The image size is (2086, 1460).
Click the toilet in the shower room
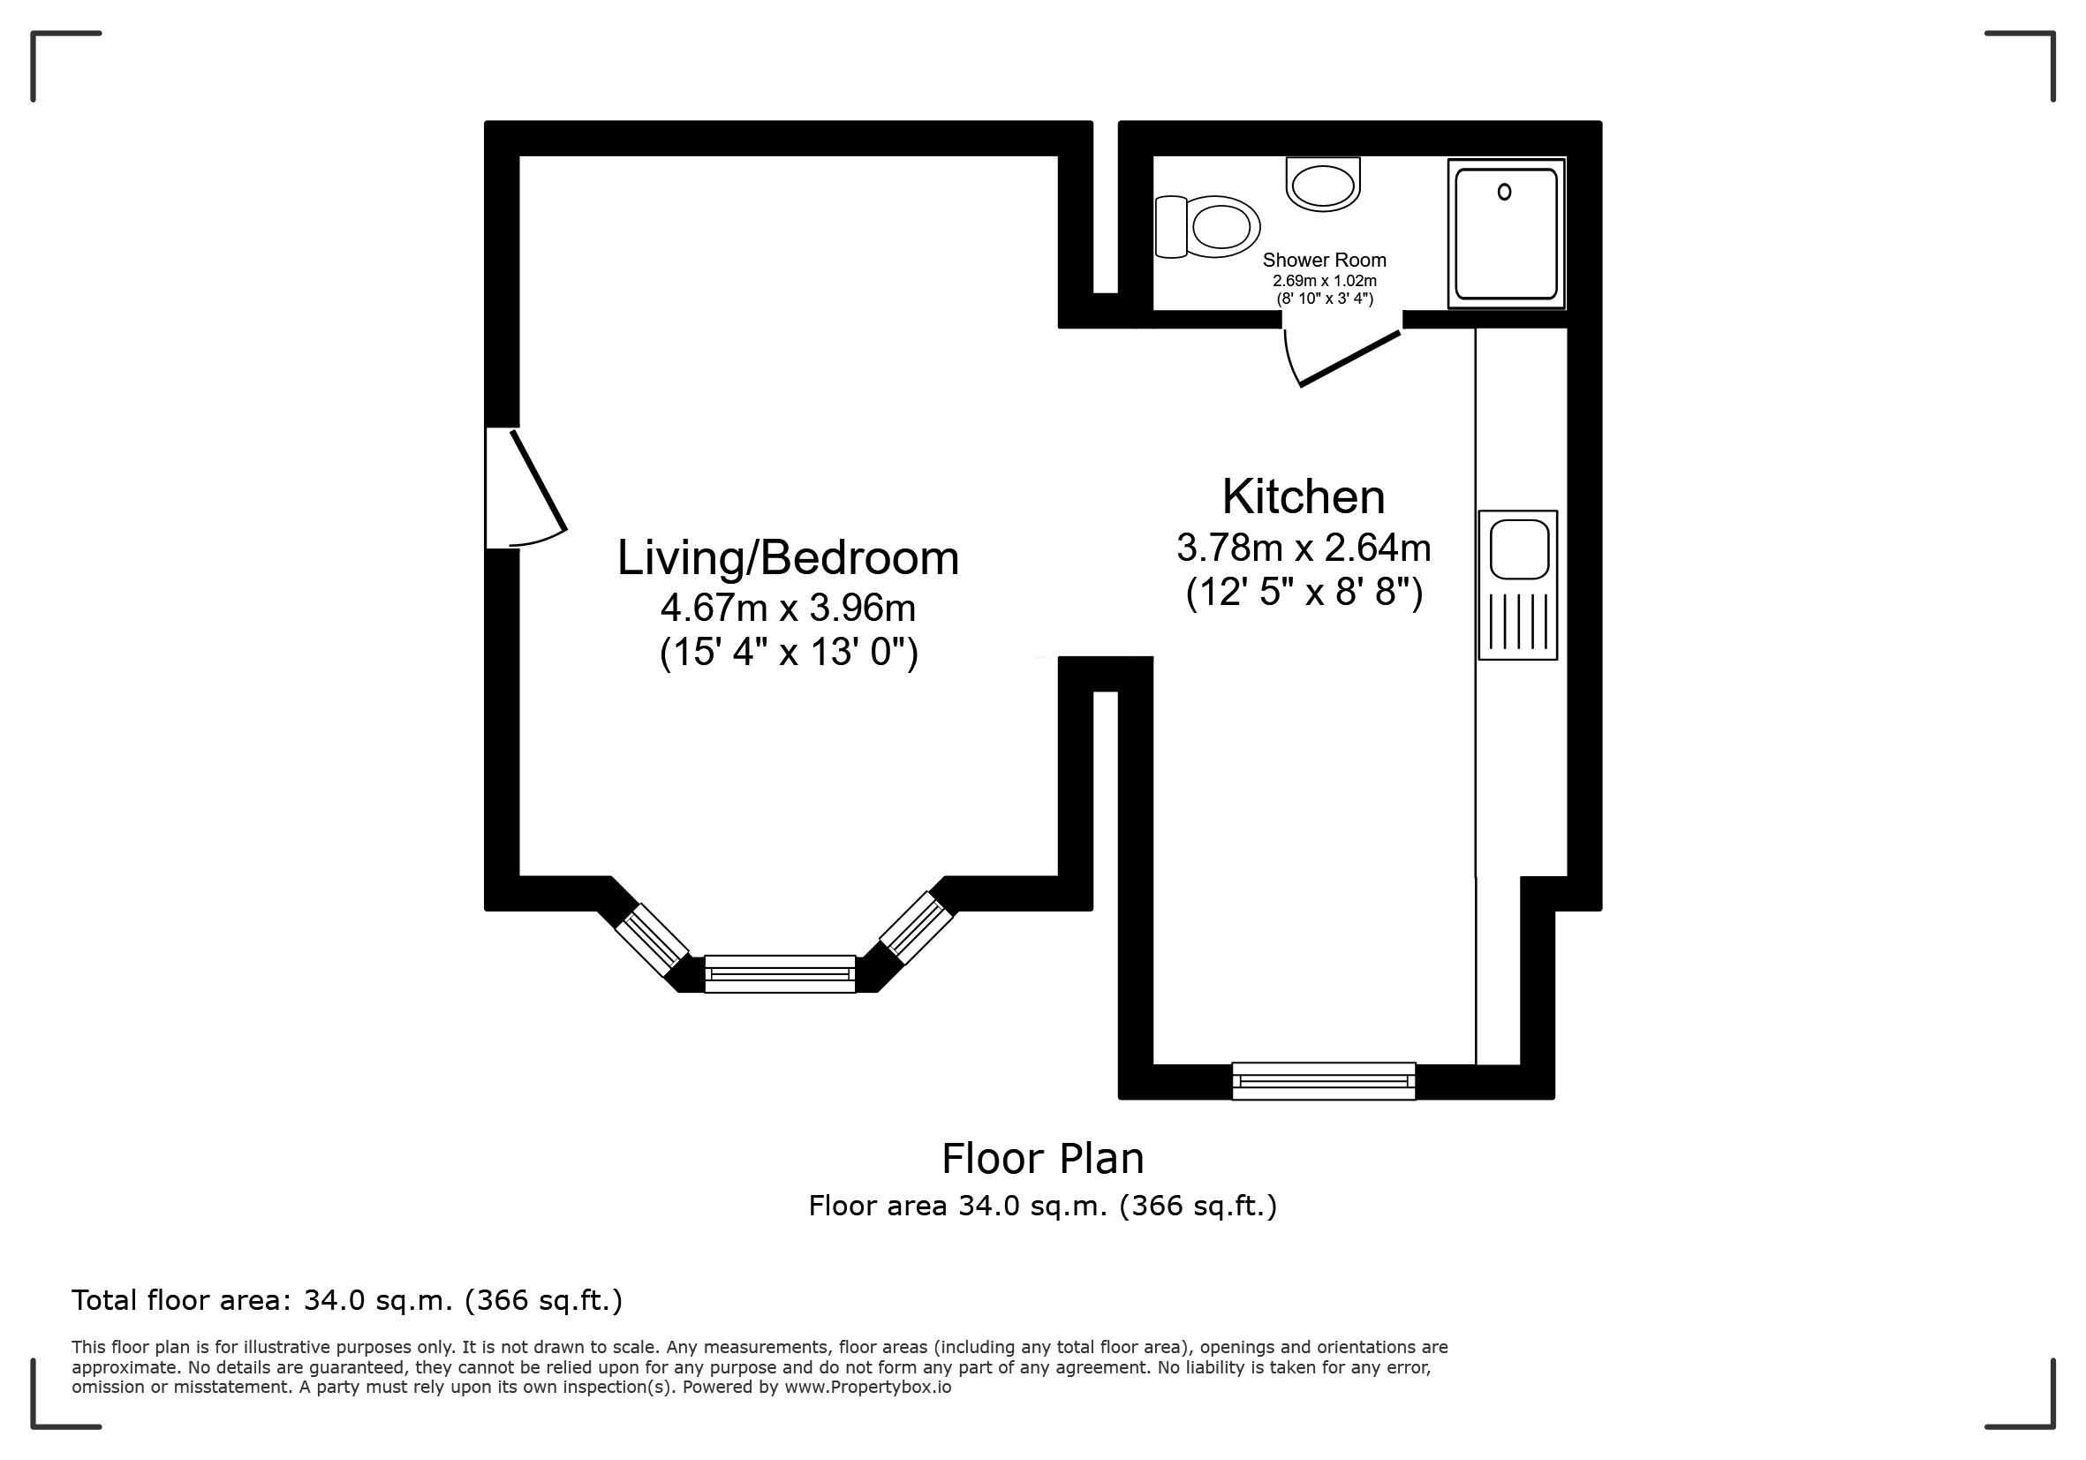pos(1207,226)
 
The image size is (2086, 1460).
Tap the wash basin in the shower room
pos(1323,185)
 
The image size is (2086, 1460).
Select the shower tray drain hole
pos(1505,192)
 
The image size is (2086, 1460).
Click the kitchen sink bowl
pos(1519,548)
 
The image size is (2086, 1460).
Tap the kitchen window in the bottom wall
pos(1324,1081)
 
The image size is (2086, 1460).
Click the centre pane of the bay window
pos(780,974)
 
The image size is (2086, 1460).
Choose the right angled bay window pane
pos(916,927)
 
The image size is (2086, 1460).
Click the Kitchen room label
pos(1304,497)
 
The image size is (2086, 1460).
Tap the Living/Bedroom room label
pos(788,558)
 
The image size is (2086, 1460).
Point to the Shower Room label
pos(1324,261)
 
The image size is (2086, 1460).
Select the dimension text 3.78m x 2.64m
pos(1304,548)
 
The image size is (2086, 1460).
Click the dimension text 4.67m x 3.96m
pos(788,608)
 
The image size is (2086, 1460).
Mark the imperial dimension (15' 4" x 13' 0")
pos(789,653)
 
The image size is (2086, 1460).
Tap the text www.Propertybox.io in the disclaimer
pos(867,1388)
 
